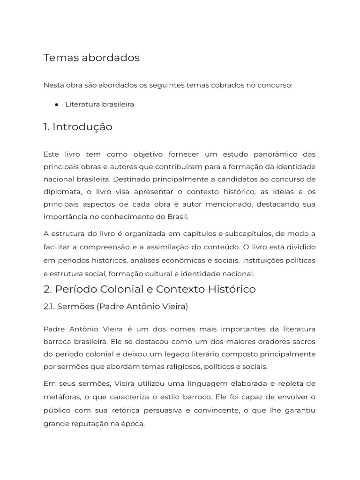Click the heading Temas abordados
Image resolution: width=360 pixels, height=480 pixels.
tap(91, 58)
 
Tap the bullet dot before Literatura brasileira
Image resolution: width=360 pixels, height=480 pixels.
tap(56, 105)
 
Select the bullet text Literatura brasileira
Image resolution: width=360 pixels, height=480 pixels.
tap(99, 104)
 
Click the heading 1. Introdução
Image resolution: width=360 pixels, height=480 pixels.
tap(78, 127)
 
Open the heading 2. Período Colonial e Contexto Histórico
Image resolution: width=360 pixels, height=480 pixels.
tap(150, 289)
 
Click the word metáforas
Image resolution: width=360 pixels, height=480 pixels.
tap(61, 397)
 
